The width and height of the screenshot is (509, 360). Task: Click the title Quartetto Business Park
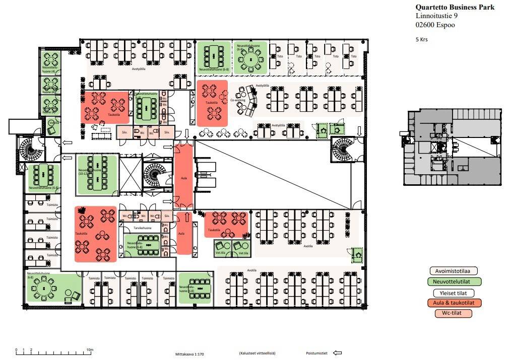point(455,7)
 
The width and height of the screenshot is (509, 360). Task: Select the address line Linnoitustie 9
point(436,16)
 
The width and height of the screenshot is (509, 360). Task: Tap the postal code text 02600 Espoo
point(435,25)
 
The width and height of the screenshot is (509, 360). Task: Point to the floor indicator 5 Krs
point(422,39)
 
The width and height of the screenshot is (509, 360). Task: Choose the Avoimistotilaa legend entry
point(453,271)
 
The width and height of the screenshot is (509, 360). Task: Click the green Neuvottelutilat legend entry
point(453,282)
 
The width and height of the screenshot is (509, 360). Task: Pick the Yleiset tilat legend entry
point(453,293)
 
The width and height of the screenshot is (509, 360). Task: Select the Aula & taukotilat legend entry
point(453,303)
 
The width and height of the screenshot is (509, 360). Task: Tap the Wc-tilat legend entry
point(453,314)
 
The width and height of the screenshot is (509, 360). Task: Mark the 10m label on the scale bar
point(89,349)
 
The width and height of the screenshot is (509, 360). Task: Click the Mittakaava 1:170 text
point(189,354)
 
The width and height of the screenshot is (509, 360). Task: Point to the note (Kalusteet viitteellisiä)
point(257,353)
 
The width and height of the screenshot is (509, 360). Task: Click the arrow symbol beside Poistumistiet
point(338,353)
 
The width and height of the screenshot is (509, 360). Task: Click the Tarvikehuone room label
point(143,228)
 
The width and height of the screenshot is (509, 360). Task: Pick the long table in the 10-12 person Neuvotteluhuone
point(96,174)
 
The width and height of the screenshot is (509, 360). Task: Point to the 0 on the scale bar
point(16,349)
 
